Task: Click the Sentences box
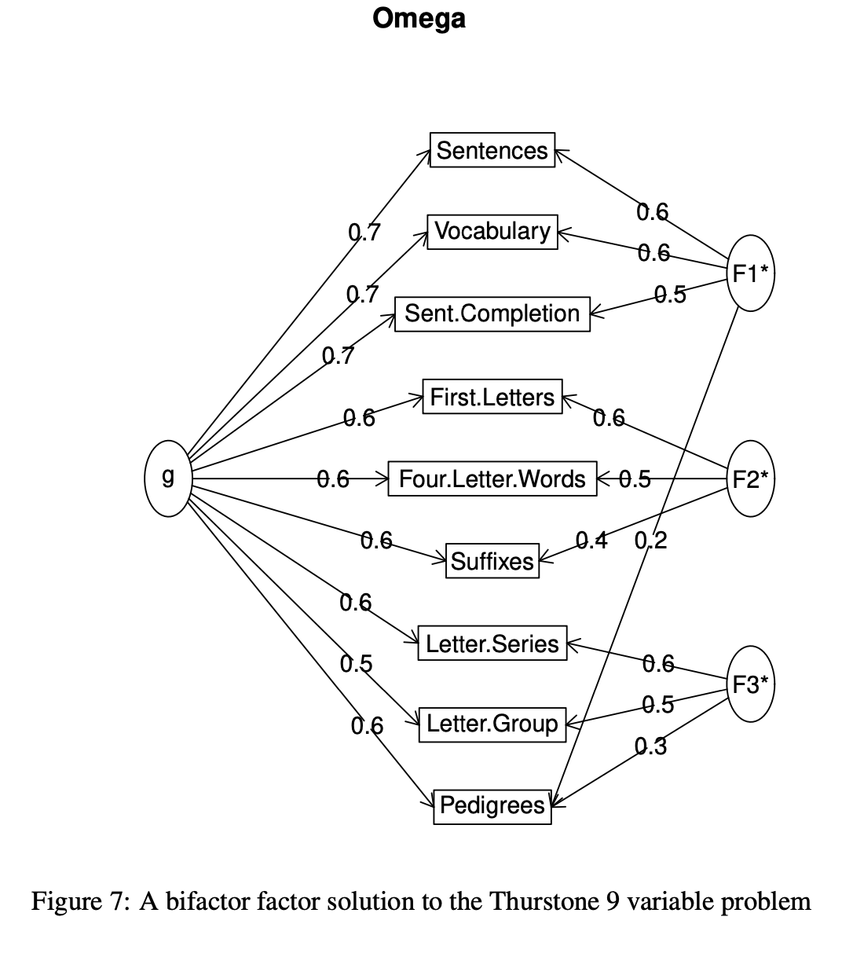[x=492, y=150]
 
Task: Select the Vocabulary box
[x=492, y=231]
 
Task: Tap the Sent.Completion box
[x=492, y=313]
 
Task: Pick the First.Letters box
[x=492, y=397]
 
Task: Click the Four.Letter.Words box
[x=492, y=478]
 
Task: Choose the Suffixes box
[x=492, y=561]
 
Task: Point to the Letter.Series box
[x=492, y=643]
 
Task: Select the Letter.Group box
[x=492, y=723]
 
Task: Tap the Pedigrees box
[x=492, y=805]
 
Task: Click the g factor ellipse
[x=167, y=478]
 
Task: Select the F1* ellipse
[x=750, y=273]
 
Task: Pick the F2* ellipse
[x=750, y=478]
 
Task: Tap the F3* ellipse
[x=750, y=684]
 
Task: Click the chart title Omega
[x=419, y=18]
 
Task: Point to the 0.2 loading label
[x=650, y=541]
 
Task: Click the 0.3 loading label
[x=650, y=746]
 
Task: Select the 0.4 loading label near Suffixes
[x=591, y=540]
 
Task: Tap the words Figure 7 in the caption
[x=75, y=900]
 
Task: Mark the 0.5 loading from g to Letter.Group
[x=356, y=664]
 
